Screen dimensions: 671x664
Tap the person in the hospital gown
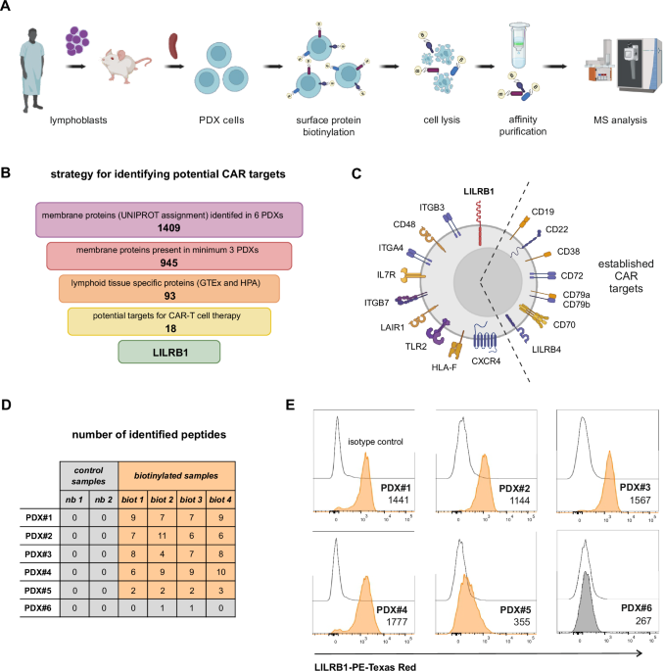click(x=32, y=73)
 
